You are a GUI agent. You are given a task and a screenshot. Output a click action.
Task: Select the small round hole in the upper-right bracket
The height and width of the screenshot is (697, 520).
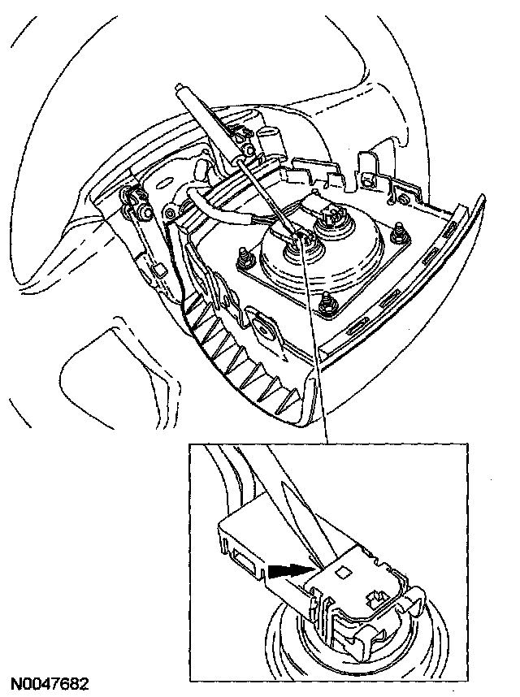(x=366, y=177)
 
